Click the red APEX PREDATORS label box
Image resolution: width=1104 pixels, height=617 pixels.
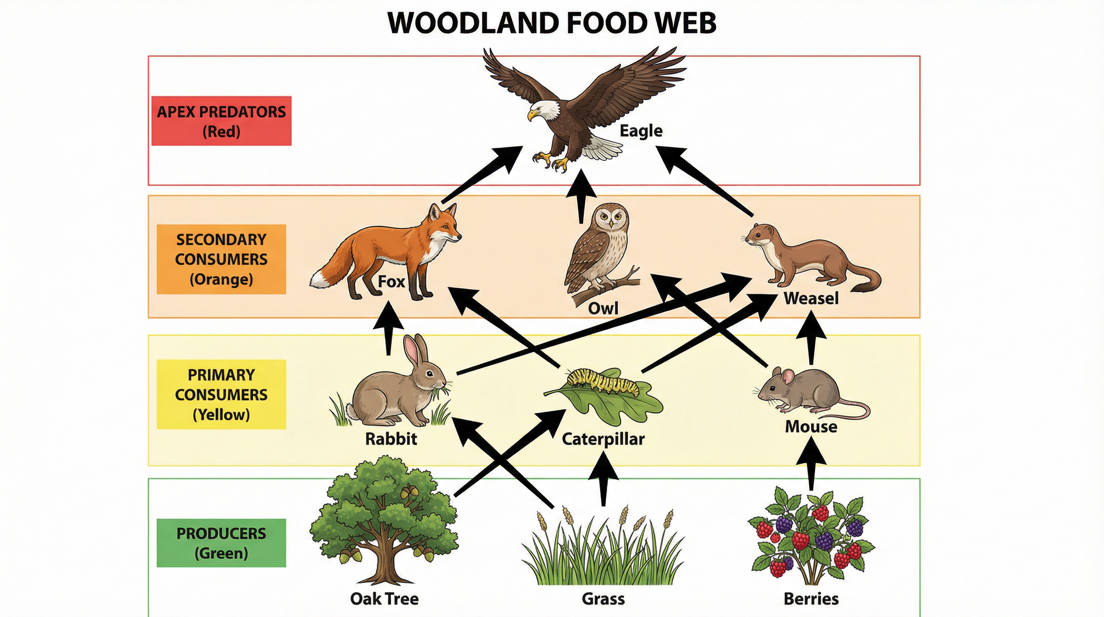(221, 121)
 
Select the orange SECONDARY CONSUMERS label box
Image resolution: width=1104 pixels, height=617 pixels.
(221, 259)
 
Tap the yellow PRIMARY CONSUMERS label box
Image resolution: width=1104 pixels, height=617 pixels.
(221, 394)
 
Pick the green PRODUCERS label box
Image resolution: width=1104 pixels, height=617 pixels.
(221, 543)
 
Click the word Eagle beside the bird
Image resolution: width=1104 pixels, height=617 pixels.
(641, 131)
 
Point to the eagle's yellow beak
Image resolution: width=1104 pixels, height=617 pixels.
(532, 114)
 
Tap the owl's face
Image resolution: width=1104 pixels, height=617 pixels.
(610, 217)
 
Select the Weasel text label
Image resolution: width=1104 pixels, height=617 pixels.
(811, 298)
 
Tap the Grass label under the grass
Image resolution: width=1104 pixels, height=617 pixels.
(603, 598)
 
